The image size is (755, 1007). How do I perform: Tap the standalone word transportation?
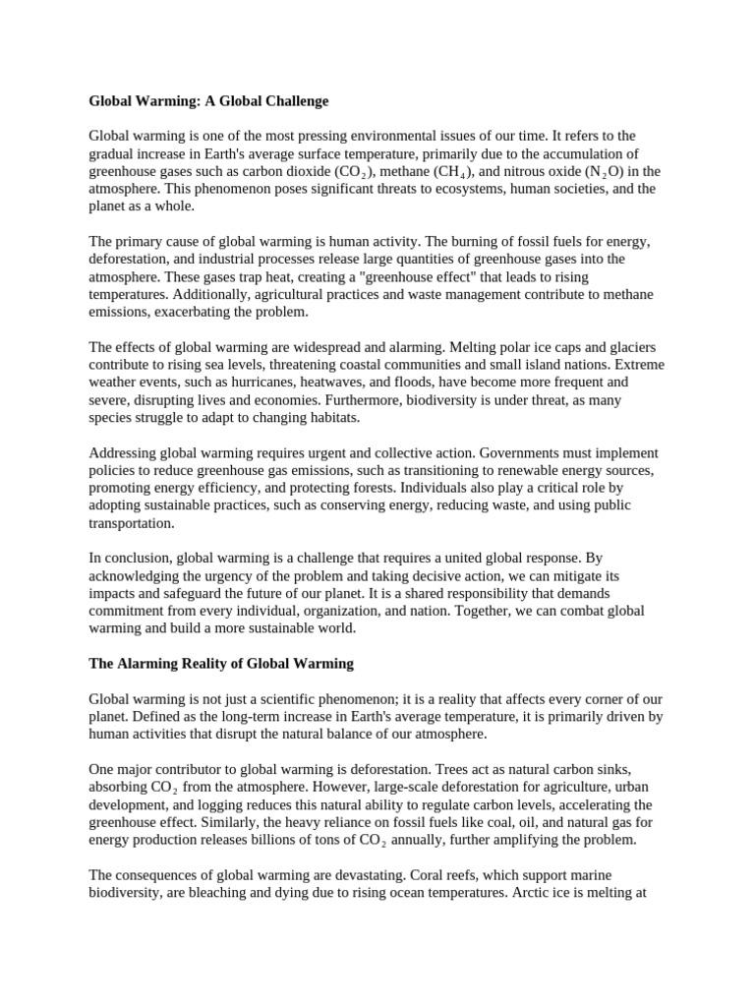(x=132, y=523)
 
